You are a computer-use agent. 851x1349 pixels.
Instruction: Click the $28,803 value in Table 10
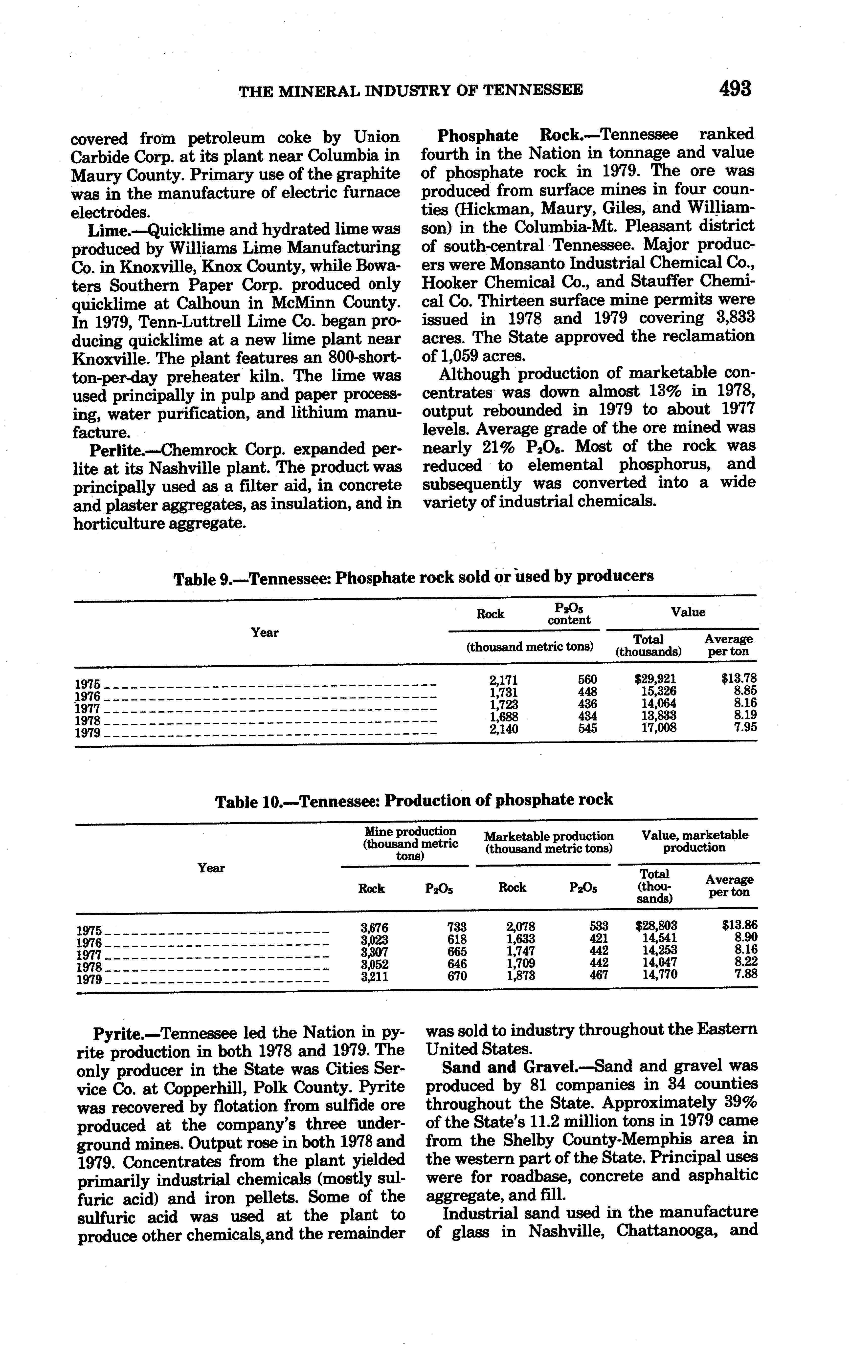657,925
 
